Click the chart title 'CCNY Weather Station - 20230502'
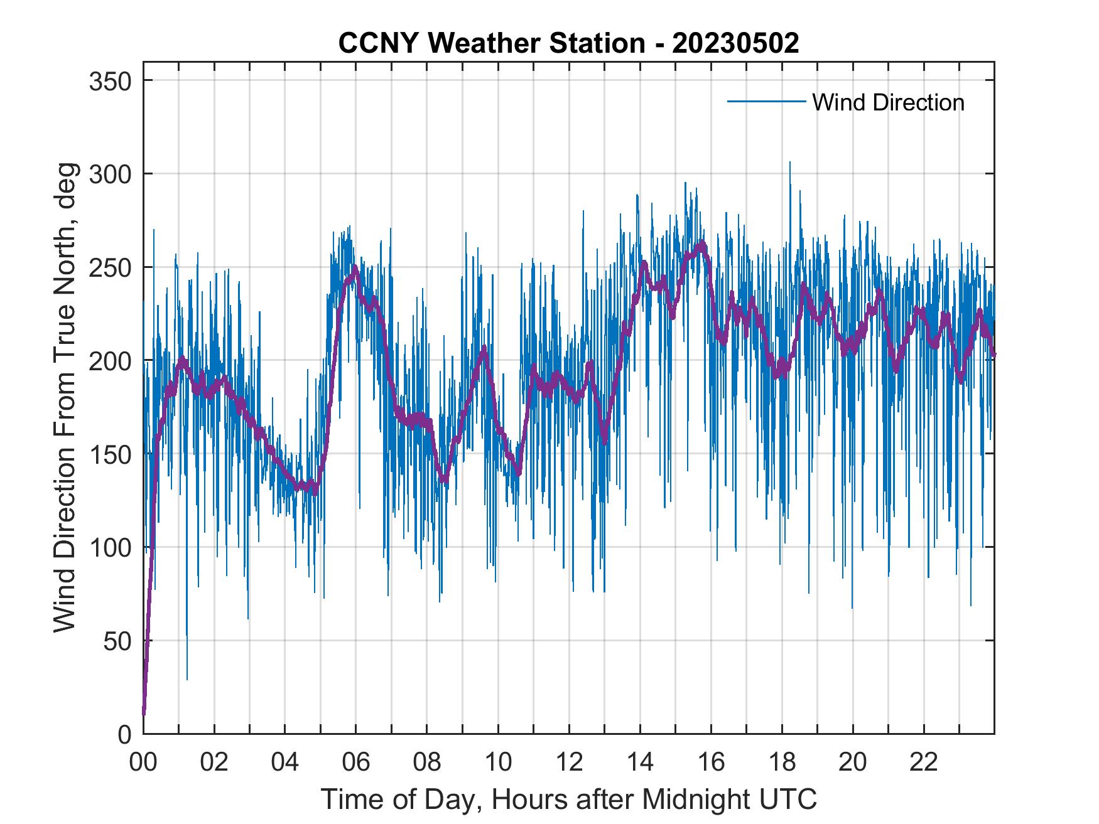[x=568, y=43]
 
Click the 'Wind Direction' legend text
[x=888, y=102]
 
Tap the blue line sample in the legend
[x=766, y=102]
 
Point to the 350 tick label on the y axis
[x=111, y=81]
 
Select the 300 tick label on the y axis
[x=111, y=174]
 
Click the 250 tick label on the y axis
[x=111, y=267]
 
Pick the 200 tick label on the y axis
[x=111, y=361]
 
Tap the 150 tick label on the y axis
[x=111, y=454]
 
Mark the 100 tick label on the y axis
[x=111, y=547]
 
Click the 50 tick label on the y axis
[x=117, y=641]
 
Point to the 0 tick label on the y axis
[x=124, y=734]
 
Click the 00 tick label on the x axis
[x=143, y=763]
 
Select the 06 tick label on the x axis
[x=356, y=763]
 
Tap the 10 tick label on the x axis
[x=498, y=763]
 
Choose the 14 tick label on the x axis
[x=640, y=763]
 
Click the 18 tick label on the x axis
[x=782, y=763]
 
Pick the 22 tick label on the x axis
[x=924, y=763]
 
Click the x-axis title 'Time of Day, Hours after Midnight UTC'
[x=569, y=800]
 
